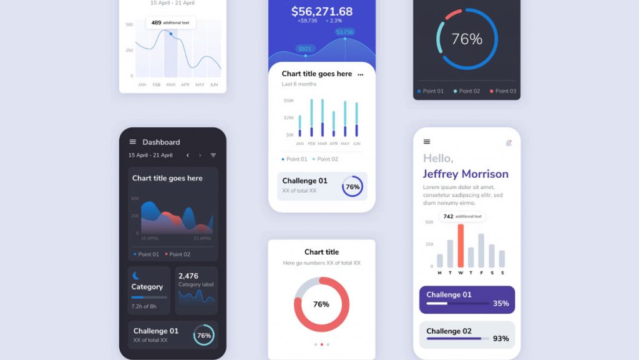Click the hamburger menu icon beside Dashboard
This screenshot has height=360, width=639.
click(132, 142)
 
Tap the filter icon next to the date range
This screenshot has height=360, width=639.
click(213, 155)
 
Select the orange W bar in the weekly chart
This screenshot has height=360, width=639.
click(461, 245)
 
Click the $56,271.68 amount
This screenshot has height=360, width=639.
click(321, 11)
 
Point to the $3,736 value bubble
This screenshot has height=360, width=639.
click(344, 32)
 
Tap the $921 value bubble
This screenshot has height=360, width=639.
click(305, 49)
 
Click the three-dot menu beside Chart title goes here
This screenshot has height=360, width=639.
click(360, 74)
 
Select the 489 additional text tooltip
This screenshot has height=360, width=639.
click(171, 22)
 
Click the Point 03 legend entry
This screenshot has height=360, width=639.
click(503, 91)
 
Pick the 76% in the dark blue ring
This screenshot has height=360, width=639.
click(467, 39)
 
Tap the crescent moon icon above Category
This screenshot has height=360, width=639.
click(136, 275)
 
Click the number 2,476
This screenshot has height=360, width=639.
click(188, 276)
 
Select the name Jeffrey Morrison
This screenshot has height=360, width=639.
click(466, 174)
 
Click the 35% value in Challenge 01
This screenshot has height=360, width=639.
click(500, 304)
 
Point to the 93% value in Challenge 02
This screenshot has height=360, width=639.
click(500, 339)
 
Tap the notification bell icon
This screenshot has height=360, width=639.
click(509, 143)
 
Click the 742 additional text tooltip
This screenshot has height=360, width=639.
click(462, 216)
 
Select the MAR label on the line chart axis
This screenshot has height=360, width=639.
click(171, 84)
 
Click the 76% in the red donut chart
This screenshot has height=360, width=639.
click(321, 304)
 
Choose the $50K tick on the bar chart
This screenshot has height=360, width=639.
click(289, 100)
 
